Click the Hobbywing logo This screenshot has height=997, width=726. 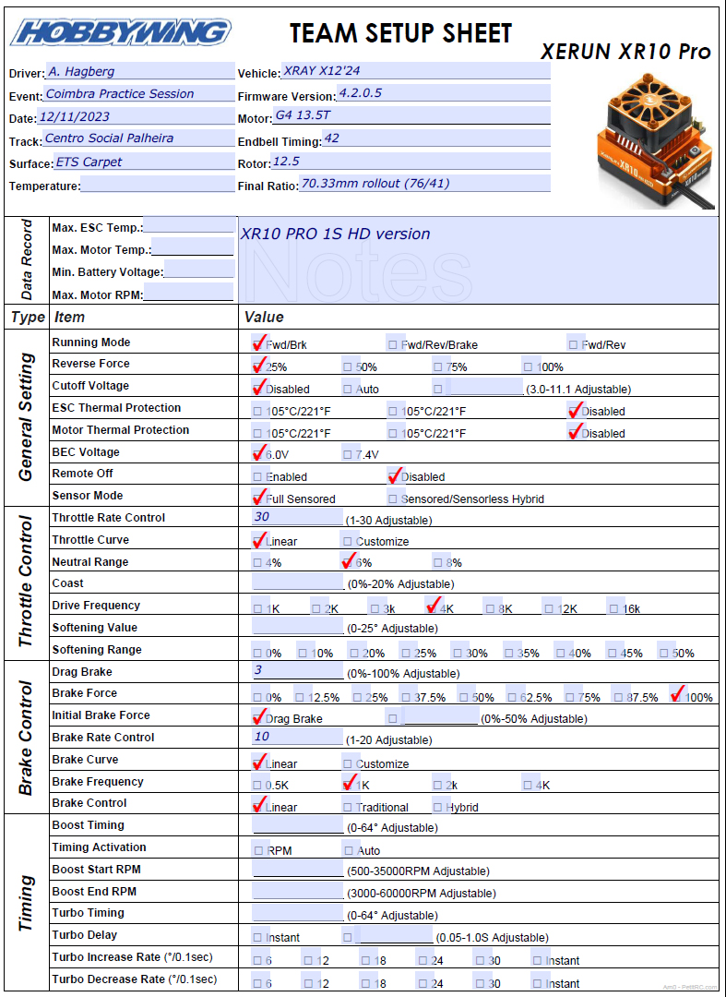120,33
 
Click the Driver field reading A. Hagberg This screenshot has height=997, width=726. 138,71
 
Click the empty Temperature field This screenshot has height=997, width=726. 157,185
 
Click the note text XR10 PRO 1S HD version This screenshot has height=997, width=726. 335,234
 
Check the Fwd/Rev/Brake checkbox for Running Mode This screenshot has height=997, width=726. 393,343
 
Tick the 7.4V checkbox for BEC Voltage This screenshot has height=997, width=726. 348,454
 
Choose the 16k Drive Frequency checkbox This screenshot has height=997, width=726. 613,608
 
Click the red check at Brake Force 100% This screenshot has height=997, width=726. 679,695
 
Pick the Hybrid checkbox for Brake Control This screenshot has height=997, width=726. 439,806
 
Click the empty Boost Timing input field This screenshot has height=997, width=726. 297,826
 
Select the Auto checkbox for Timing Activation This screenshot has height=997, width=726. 349,850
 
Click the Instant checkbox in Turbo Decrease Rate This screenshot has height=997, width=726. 538,983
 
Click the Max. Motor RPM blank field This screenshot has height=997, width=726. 188,294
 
